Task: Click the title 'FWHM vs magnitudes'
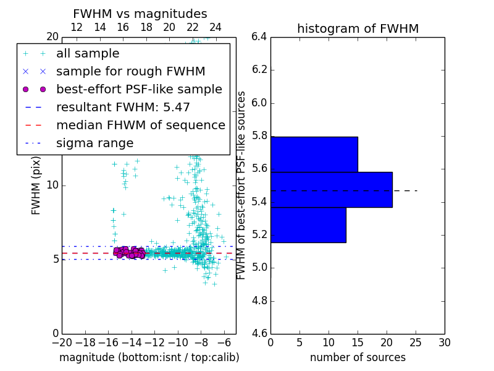click(140, 14)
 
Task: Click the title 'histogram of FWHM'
click(358, 28)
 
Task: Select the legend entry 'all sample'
click(88, 54)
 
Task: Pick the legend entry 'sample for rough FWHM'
click(130, 72)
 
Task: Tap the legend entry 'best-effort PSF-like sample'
click(139, 90)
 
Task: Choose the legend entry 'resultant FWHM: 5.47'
click(123, 108)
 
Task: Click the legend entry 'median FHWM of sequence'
click(140, 126)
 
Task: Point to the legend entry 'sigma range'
click(94, 143)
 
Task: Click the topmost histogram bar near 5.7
click(314, 154)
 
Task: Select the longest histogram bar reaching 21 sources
click(331, 189)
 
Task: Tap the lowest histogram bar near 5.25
click(308, 224)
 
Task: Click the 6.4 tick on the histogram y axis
click(259, 36)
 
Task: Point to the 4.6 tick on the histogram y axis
click(259, 334)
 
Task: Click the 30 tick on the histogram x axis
click(444, 343)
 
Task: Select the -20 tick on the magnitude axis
click(62, 343)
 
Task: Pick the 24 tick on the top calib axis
click(216, 27)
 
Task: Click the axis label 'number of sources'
click(358, 357)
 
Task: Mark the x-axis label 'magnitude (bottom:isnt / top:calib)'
click(149, 357)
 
